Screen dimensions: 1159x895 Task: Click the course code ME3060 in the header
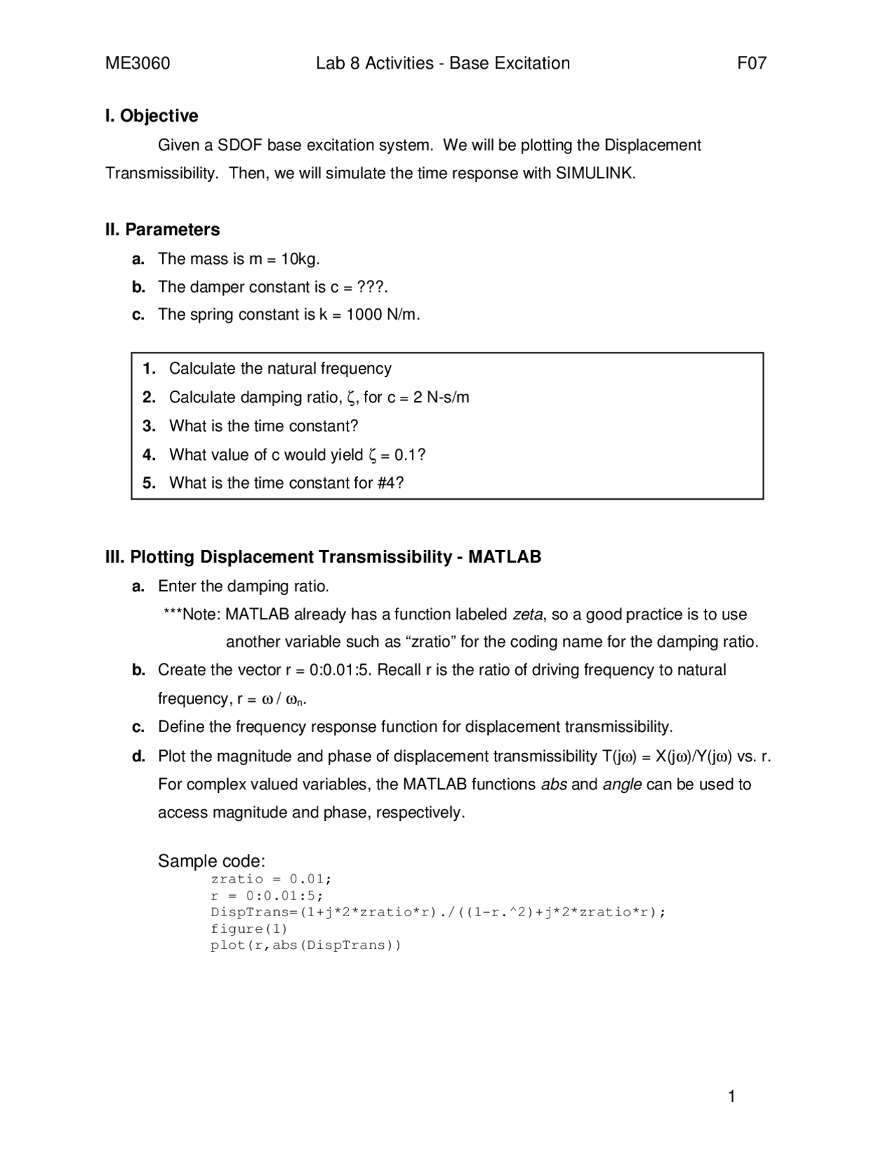(x=137, y=64)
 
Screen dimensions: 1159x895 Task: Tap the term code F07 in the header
(x=752, y=64)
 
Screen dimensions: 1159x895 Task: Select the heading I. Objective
(x=152, y=116)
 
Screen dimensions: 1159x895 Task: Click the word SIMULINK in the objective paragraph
(x=594, y=174)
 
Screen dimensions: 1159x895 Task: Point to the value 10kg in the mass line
(x=299, y=259)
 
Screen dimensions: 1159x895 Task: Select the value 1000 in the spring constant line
(x=364, y=315)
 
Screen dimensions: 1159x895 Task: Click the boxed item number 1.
(x=149, y=369)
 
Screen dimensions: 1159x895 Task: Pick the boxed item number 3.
(x=149, y=426)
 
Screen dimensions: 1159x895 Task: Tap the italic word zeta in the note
(x=527, y=614)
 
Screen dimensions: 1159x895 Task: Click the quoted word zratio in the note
(x=431, y=642)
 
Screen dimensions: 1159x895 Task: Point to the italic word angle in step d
(x=622, y=785)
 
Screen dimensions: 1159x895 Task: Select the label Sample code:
(x=211, y=861)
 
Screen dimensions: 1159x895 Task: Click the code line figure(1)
(x=249, y=929)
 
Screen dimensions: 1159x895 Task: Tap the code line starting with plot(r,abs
(x=306, y=946)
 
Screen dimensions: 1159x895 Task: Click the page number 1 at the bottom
(x=731, y=1097)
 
